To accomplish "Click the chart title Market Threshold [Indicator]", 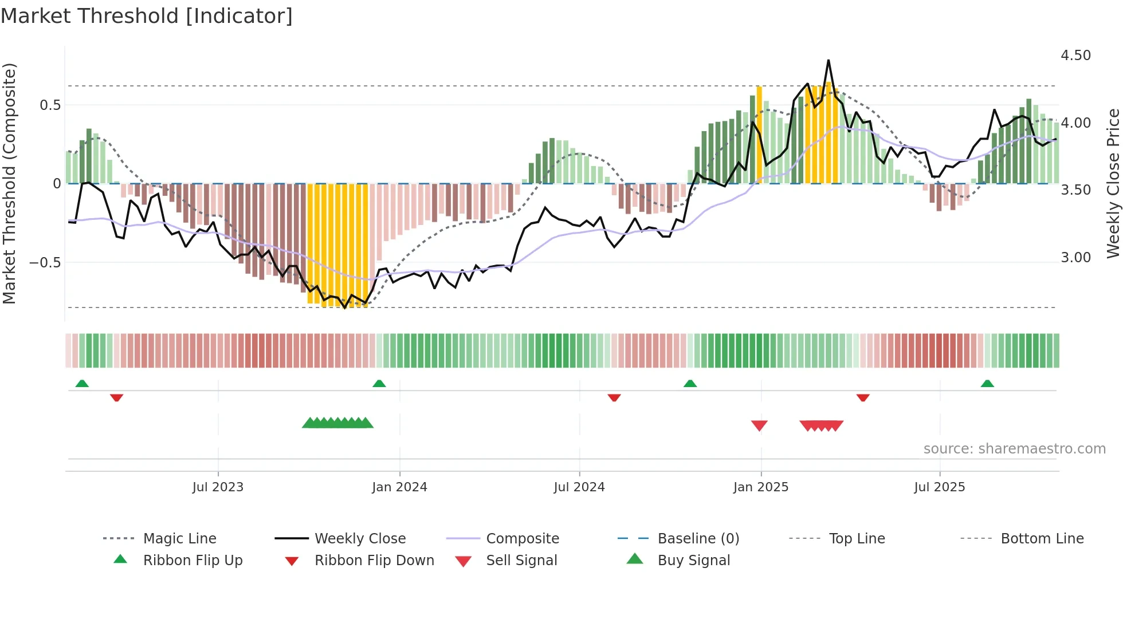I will pyautogui.click(x=147, y=16).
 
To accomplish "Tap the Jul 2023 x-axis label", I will pyautogui.click(x=218, y=487).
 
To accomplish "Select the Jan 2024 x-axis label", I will pyautogui.click(x=399, y=487).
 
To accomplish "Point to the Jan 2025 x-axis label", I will pyautogui.click(x=761, y=487).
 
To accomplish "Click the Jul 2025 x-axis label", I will pyautogui.click(x=940, y=487).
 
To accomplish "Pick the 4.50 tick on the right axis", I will pyautogui.click(x=1075, y=56).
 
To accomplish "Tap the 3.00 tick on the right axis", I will pyautogui.click(x=1075, y=258).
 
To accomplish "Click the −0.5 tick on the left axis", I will pyautogui.click(x=45, y=263).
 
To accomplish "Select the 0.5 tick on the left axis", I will pyautogui.click(x=50, y=105).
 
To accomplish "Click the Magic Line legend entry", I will pyautogui.click(x=179, y=539).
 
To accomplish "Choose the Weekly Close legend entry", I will pyautogui.click(x=360, y=539).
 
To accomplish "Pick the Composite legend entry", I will pyautogui.click(x=522, y=539).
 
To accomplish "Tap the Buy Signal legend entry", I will pyautogui.click(x=693, y=561).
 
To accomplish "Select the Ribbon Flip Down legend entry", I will pyautogui.click(x=374, y=561).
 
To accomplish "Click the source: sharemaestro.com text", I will pyautogui.click(x=1014, y=449).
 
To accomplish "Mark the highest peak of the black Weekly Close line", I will pyautogui.click(x=828, y=60).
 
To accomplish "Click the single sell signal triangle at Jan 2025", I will pyautogui.click(x=759, y=425).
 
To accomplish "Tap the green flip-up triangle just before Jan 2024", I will pyautogui.click(x=379, y=384).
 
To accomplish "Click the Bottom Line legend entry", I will pyautogui.click(x=1042, y=539).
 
